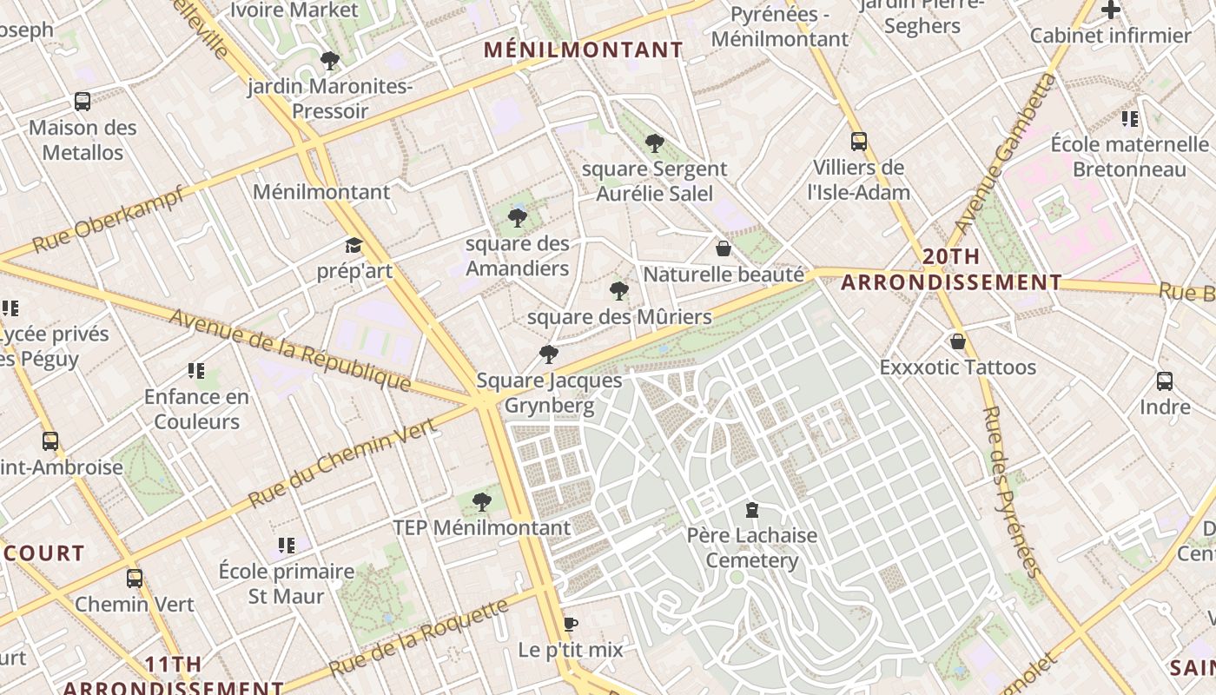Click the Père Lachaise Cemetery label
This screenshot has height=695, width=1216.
pos(752,547)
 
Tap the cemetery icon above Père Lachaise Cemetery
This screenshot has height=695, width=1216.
pos(752,510)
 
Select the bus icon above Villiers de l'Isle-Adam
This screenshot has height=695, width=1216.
pos(858,142)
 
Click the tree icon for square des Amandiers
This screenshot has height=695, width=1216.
pos(518,217)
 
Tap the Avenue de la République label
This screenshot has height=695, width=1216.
pos(289,349)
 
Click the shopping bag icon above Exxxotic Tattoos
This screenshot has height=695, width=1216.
pos(958,341)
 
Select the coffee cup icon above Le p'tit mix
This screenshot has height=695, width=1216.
pos(571,624)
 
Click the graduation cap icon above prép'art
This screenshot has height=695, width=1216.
pos(354,246)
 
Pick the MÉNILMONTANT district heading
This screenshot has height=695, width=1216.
pos(584,50)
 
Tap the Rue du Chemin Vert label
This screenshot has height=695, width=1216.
pos(341,462)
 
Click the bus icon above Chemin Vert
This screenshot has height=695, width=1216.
pos(135,578)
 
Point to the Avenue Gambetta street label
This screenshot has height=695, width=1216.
pos(1006,154)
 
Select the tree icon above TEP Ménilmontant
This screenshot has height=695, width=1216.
pos(482,501)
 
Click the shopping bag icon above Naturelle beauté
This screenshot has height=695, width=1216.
pos(723,249)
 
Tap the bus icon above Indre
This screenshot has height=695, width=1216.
pos(1165,381)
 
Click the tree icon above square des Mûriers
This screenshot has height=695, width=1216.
pos(619,290)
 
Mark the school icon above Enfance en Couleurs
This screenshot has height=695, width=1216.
pos(196,371)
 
